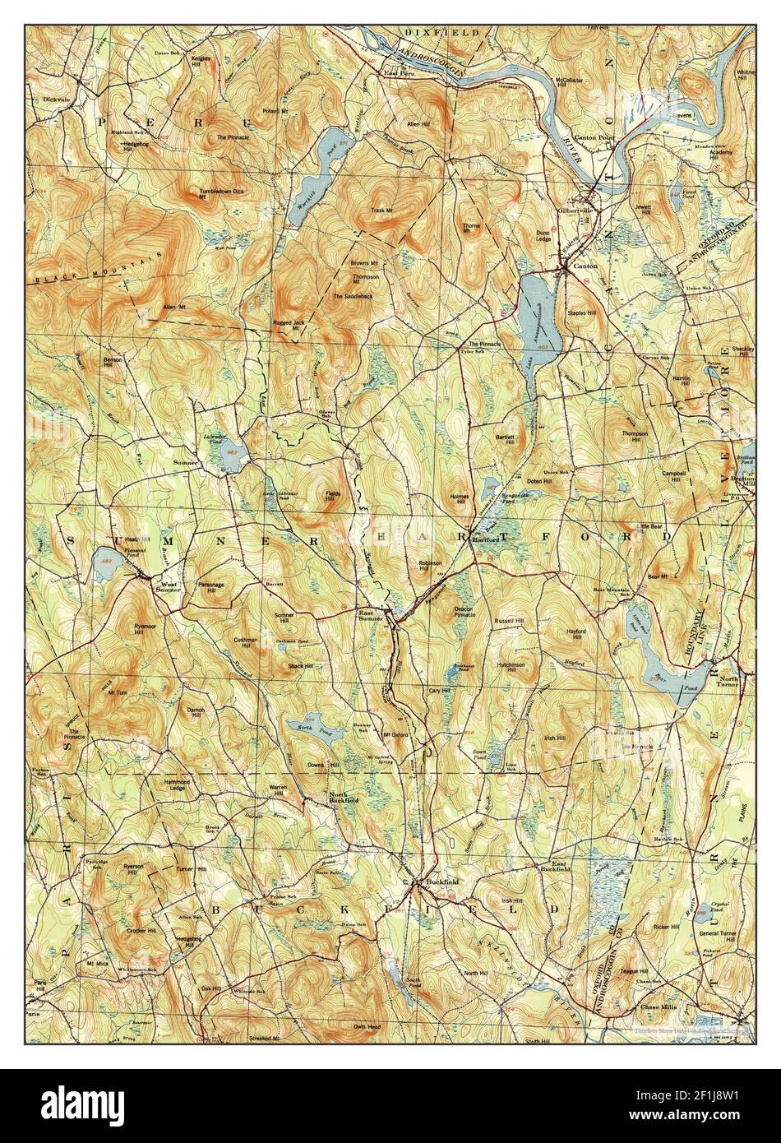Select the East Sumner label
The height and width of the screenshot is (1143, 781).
pyautogui.click(x=371, y=617)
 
